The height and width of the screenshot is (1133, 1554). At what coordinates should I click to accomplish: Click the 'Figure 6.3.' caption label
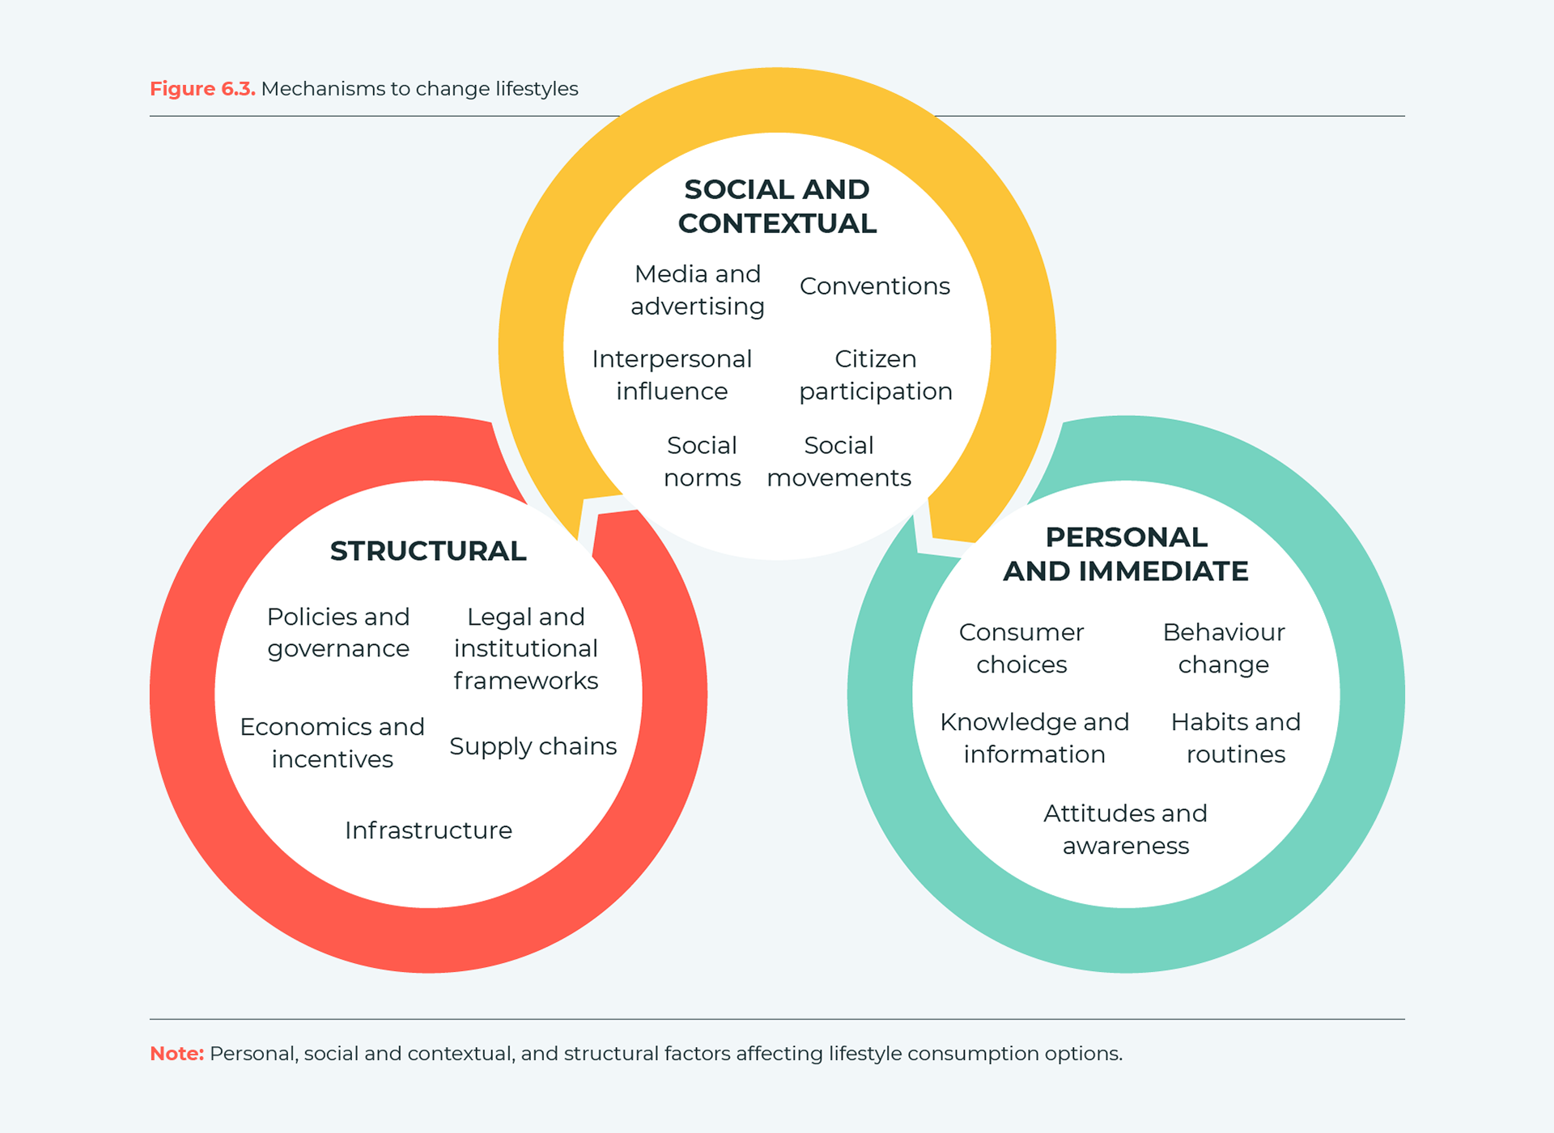(202, 88)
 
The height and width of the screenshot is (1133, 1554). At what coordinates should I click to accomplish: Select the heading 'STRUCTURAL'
(428, 551)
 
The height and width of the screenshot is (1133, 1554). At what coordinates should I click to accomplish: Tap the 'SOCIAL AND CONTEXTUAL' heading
(777, 206)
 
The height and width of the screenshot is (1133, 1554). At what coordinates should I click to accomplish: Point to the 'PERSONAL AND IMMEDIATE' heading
(1126, 554)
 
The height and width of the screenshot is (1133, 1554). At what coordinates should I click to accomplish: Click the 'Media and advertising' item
(698, 291)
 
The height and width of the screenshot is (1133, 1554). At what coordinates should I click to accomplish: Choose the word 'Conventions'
(875, 286)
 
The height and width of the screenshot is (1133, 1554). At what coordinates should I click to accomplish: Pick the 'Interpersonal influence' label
(672, 376)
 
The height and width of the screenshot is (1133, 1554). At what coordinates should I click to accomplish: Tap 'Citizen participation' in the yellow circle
(876, 376)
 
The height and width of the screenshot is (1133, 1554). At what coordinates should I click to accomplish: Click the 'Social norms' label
(702, 461)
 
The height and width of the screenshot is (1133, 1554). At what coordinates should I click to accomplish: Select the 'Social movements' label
(839, 461)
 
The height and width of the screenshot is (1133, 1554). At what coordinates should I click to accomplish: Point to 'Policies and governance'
(338, 633)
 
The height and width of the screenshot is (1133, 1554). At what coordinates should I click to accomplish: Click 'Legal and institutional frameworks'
(526, 649)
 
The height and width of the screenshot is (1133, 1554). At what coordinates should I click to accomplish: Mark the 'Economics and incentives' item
(333, 743)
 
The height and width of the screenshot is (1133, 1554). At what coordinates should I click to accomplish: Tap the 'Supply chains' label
(533, 746)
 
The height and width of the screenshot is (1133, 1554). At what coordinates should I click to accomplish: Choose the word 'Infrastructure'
(428, 830)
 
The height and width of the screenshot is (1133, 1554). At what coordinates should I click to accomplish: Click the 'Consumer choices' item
(1021, 648)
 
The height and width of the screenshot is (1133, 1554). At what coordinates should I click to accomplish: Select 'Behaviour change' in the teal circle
(1224, 648)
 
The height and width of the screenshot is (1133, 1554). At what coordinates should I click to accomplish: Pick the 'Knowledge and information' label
(1034, 738)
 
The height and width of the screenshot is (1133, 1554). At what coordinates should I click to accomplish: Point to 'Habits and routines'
(1236, 738)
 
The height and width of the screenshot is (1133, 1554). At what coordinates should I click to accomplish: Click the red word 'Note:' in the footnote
(177, 1054)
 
